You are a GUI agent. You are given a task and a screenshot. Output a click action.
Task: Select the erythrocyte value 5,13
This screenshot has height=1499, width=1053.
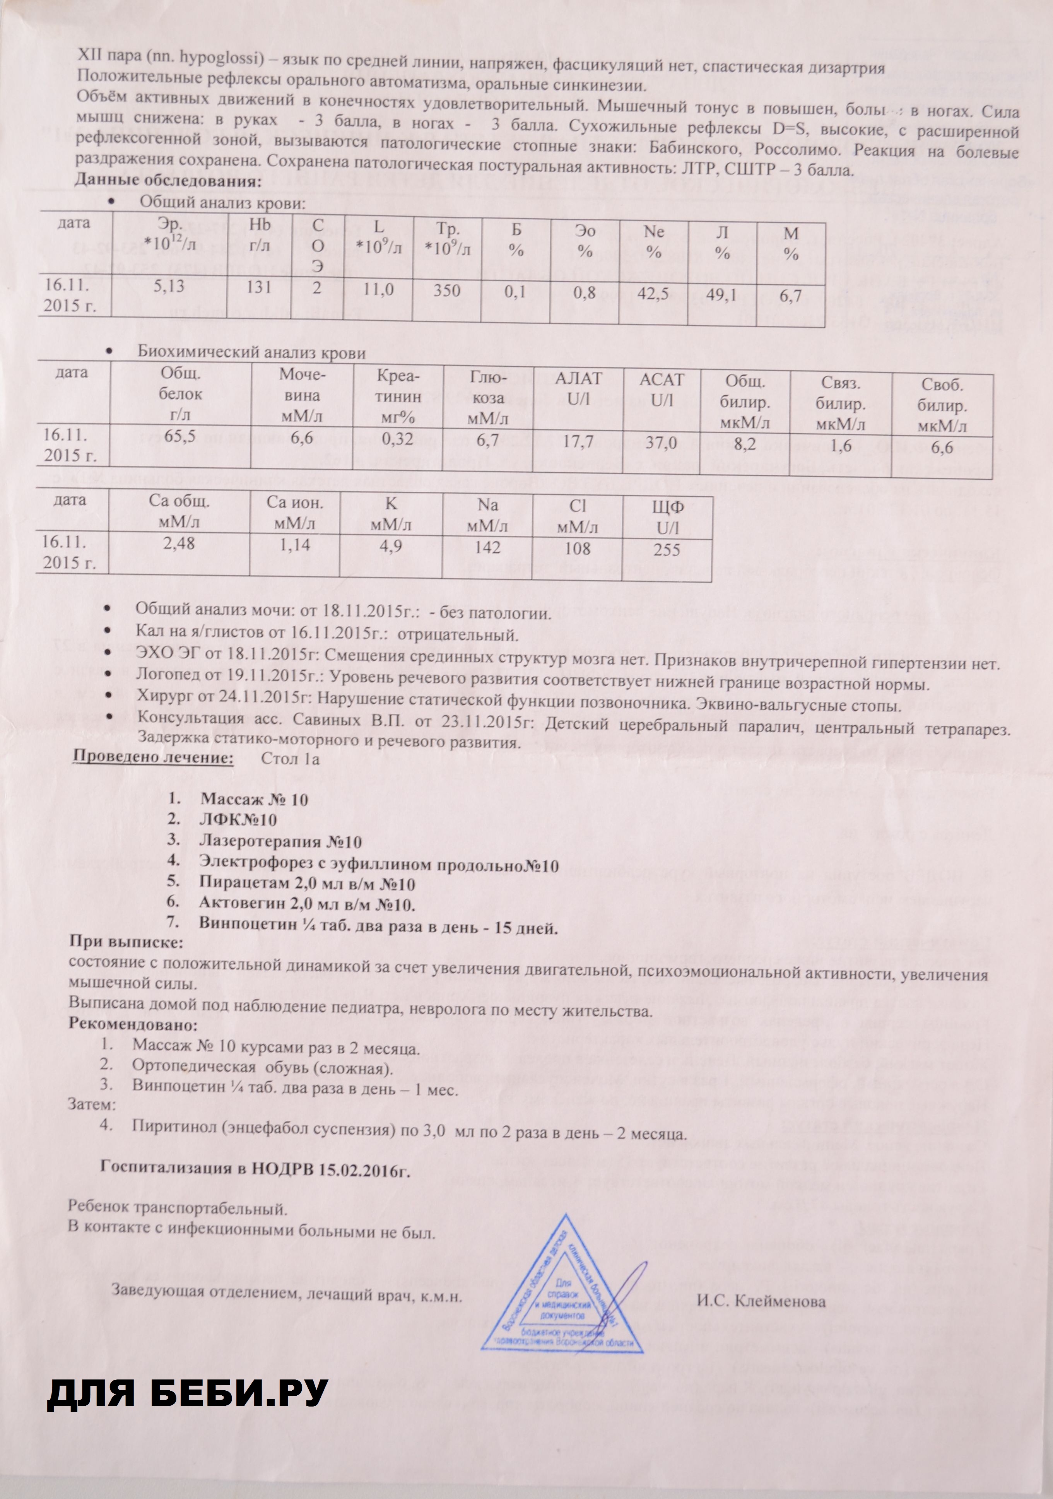[168, 285]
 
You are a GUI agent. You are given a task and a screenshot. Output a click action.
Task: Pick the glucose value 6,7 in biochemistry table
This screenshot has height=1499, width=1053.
[488, 441]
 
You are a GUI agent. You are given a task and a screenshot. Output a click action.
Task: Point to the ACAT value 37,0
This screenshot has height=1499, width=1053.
[661, 443]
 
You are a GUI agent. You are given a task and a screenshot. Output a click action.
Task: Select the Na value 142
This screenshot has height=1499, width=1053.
[488, 547]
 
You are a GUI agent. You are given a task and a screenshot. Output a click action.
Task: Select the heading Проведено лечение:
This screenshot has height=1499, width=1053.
[152, 758]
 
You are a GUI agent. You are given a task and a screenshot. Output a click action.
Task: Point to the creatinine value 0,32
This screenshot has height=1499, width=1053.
[398, 439]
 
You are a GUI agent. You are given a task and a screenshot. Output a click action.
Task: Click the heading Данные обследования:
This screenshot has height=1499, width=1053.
[167, 180]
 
